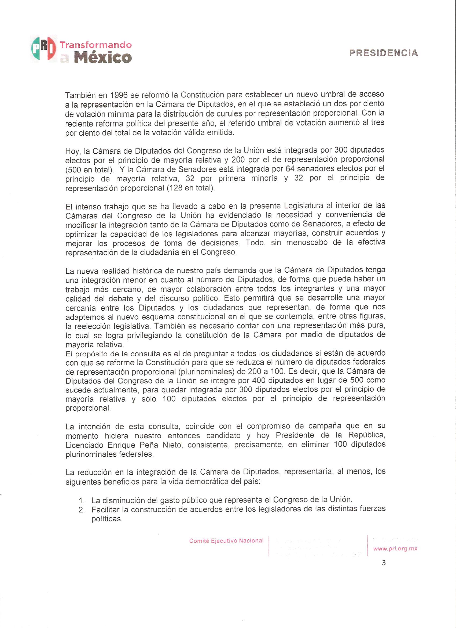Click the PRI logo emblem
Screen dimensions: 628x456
tap(43, 49)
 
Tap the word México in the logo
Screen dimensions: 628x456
tap(102, 57)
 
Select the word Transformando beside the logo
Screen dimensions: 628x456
tap(96, 45)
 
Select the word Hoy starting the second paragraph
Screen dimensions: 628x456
tap(71, 151)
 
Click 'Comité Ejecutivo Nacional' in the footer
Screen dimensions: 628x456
tap(226, 540)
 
